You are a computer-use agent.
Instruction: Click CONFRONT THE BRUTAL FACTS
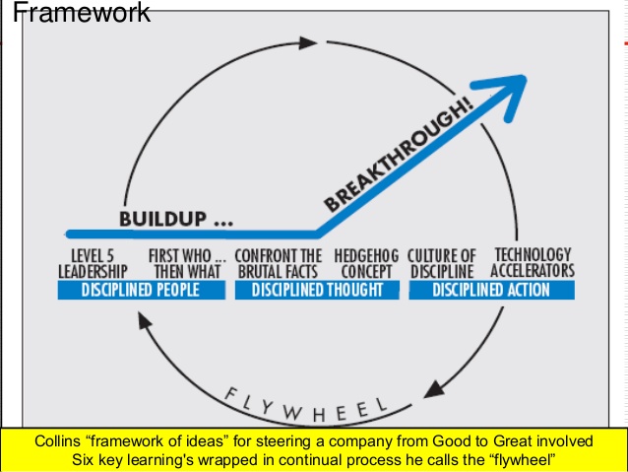[279, 262]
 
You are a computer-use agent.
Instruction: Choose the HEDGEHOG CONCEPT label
[364, 262]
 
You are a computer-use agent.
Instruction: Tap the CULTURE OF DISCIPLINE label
[441, 262]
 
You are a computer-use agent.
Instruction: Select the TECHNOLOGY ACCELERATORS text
[533, 262]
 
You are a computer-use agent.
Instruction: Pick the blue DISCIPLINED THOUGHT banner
[316, 290]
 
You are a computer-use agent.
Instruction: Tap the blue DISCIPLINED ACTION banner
[491, 290]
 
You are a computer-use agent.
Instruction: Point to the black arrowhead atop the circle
[307, 42]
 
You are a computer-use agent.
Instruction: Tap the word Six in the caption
[87, 459]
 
